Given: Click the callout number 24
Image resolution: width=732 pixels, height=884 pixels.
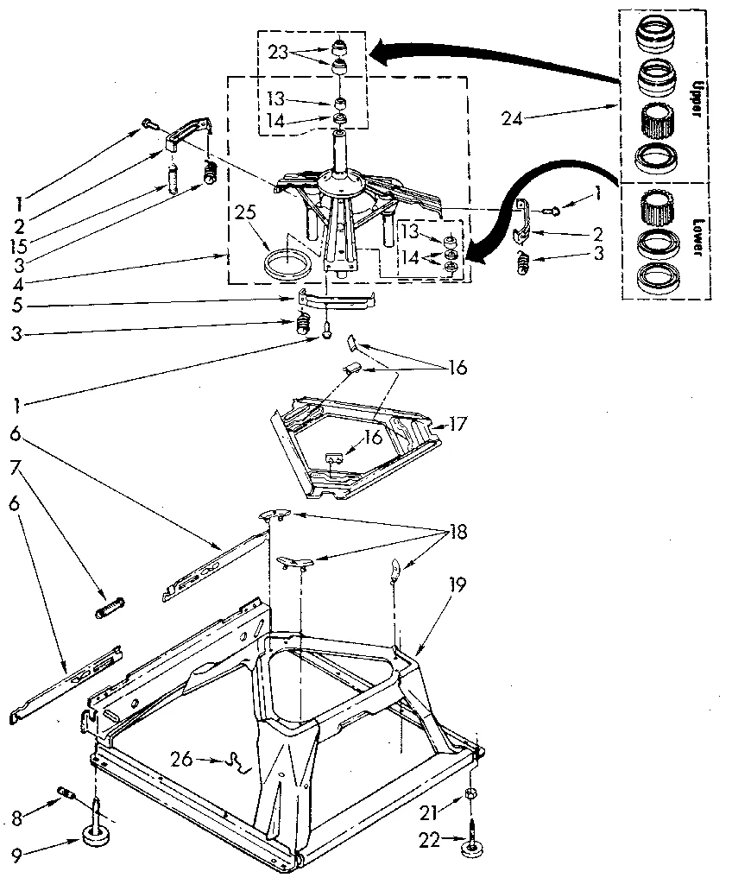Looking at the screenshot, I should tap(513, 119).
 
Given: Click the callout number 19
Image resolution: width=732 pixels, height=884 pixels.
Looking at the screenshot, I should tap(457, 585).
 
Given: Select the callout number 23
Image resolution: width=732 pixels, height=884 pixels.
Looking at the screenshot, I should tap(279, 51).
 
